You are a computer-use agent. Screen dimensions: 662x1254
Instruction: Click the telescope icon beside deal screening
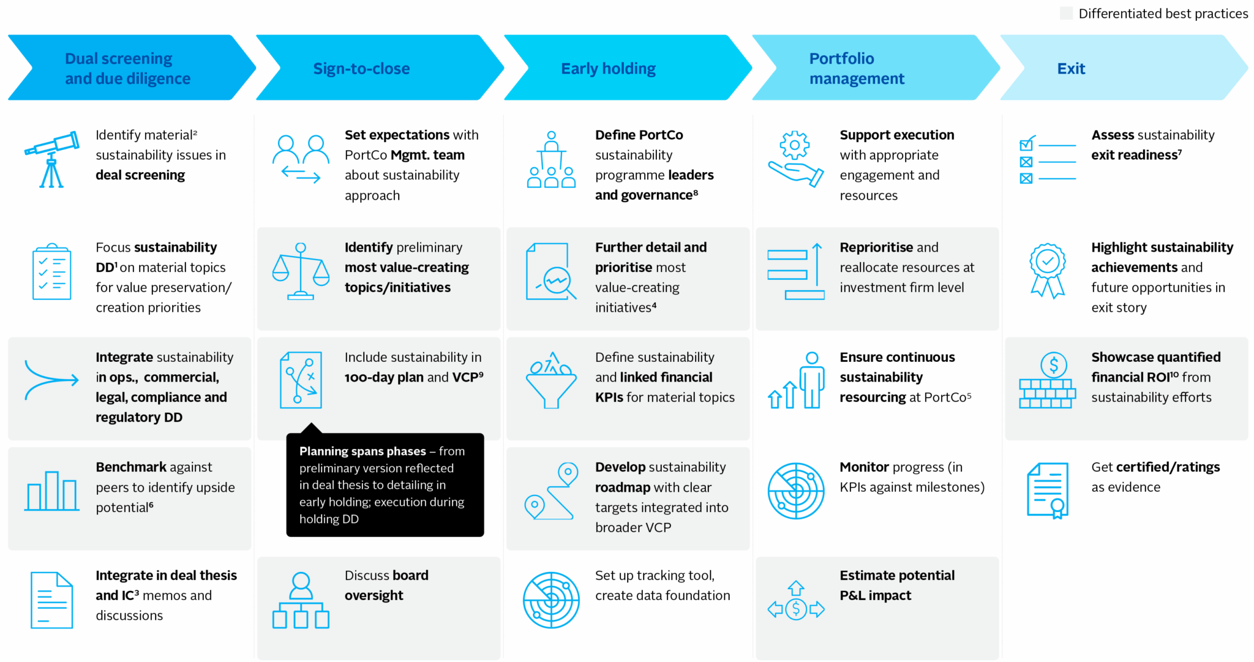(x=52, y=159)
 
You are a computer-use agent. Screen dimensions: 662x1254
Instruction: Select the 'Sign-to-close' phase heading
(x=361, y=69)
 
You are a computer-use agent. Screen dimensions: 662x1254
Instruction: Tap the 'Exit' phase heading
(x=1071, y=69)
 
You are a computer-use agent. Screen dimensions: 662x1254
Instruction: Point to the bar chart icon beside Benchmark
(x=52, y=491)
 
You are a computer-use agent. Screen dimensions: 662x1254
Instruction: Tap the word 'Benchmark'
(x=131, y=467)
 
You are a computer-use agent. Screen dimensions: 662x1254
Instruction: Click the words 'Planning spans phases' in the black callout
(x=362, y=451)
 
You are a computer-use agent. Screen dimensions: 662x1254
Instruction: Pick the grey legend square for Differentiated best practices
(x=1066, y=13)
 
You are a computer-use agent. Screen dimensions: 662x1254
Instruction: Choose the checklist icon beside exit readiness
(x=1047, y=160)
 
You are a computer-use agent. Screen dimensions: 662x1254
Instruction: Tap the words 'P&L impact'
(x=875, y=595)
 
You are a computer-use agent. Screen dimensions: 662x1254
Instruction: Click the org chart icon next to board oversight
(x=301, y=600)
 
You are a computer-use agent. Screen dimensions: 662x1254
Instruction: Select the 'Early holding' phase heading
(x=608, y=69)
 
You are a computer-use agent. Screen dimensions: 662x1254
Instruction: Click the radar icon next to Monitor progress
(x=796, y=491)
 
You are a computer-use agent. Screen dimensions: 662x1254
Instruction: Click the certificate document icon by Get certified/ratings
(x=1048, y=491)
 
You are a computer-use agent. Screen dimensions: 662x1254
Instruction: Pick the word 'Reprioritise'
(x=876, y=247)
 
